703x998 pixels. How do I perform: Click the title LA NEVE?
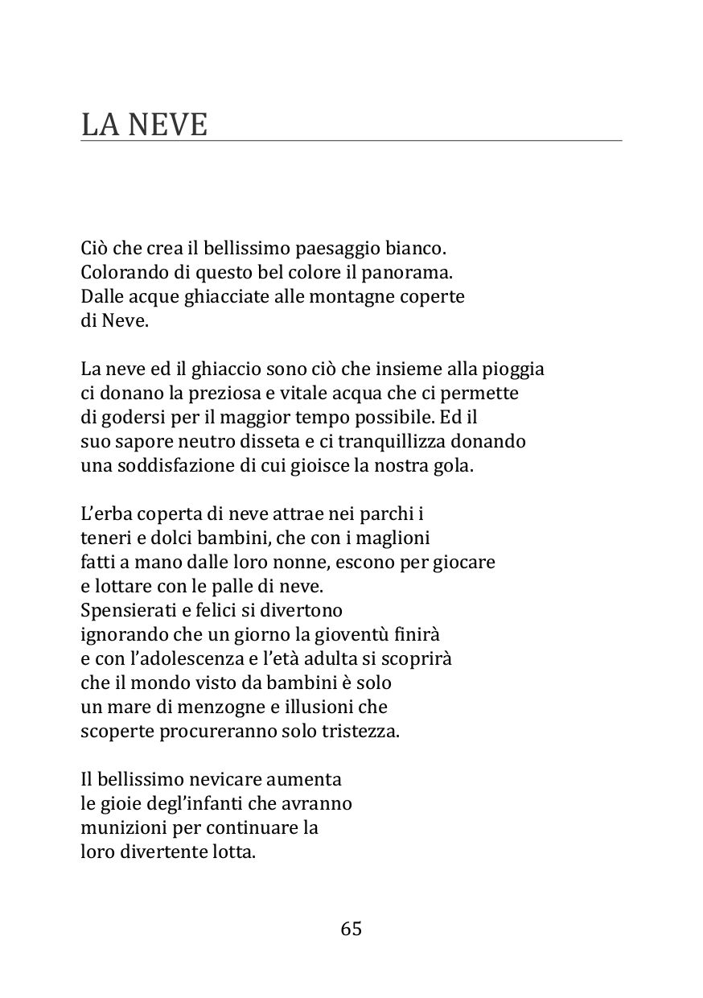coord(144,125)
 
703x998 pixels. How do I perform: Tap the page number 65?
coord(351,929)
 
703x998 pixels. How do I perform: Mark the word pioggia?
coord(512,369)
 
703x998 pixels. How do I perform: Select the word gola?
coord(455,465)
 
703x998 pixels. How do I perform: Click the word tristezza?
coord(363,731)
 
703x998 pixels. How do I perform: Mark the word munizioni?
coord(117,827)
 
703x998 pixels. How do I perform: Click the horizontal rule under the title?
coord(351,142)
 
